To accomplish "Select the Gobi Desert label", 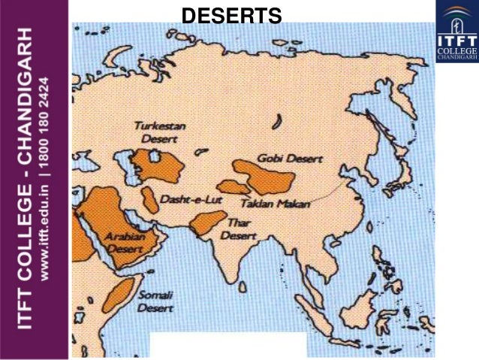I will click(x=289, y=159).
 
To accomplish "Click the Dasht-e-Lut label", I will click(x=180, y=201).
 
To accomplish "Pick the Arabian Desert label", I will click(x=125, y=241).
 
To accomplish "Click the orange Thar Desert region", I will click(x=206, y=222).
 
